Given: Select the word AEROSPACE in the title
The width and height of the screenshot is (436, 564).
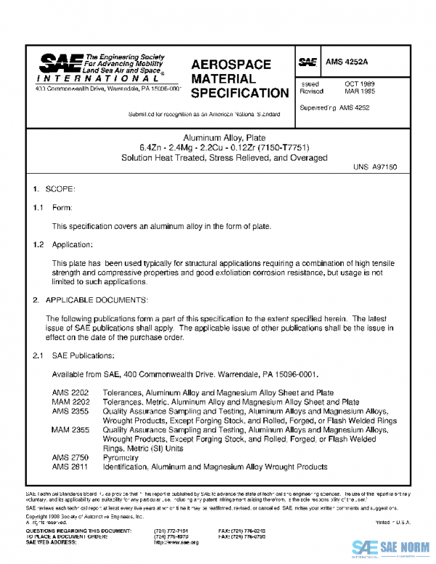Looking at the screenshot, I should point(230,65).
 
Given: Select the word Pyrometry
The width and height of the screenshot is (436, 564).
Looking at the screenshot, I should point(121,458).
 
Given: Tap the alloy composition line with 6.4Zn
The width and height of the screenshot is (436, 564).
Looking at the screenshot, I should point(218,148).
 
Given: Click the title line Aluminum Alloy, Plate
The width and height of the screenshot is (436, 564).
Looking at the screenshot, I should point(218,138).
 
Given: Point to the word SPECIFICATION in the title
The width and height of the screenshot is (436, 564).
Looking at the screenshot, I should point(240,93).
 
